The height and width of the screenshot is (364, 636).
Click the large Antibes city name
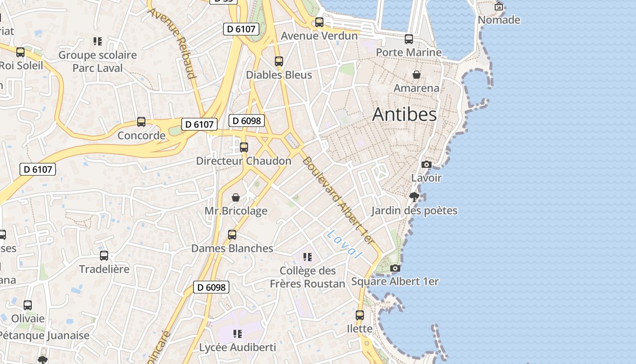(x=404, y=115)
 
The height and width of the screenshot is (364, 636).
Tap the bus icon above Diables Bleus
(x=279, y=61)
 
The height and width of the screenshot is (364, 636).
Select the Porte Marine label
(x=408, y=52)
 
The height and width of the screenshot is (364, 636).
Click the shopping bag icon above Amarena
(x=416, y=75)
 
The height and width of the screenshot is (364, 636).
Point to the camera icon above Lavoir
(x=426, y=164)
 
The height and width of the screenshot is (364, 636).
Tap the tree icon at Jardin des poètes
(x=414, y=197)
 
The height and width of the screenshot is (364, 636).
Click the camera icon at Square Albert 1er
(x=395, y=268)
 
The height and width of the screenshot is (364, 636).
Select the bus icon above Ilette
(x=360, y=315)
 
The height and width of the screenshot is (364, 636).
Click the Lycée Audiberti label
(x=238, y=348)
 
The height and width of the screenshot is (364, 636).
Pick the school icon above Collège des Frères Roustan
(x=308, y=257)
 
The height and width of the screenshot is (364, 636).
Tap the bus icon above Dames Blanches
(x=232, y=235)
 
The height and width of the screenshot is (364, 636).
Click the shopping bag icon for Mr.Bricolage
(x=236, y=197)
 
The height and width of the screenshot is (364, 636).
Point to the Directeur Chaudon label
(x=243, y=161)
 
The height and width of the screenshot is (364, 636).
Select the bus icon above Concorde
(x=141, y=122)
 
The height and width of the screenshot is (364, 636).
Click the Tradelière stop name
(x=104, y=269)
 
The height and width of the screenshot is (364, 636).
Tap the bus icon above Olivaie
(x=28, y=305)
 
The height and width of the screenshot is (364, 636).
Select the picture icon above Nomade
(x=499, y=6)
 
